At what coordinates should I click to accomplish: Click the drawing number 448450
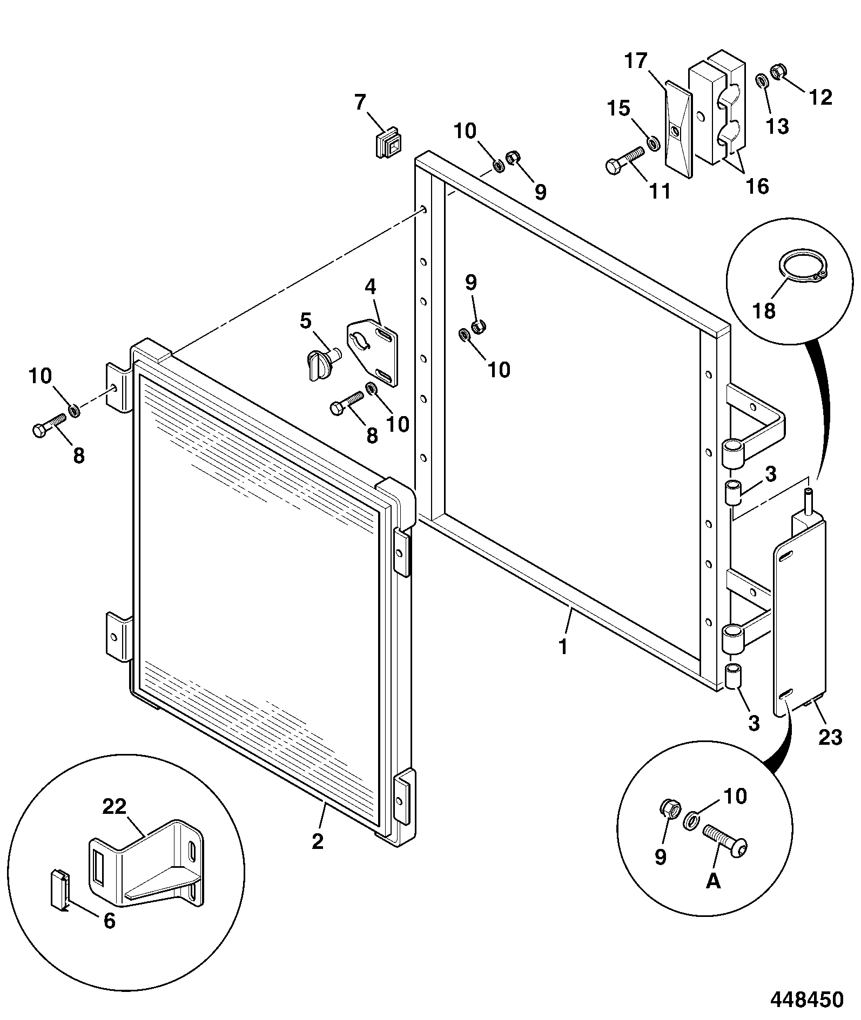pyautogui.click(x=806, y=998)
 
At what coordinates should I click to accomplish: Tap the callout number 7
pyautogui.click(x=360, y=102)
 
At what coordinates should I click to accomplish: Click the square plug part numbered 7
pyautogui.click(x=388, y=142)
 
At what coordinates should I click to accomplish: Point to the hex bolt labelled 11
pyautogui.click(x=626, y=161)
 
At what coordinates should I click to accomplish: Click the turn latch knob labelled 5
pyautogui.click(x=320, y=363)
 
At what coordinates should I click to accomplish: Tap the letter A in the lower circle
pyautogui.click(x=713, y=881)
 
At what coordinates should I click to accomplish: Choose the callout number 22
pyautogui.click(x=115, y=806)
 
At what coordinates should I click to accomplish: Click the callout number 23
pyautogui.click(x=830, y=737)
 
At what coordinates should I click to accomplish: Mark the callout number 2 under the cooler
pyautogui.click(x=318, y=841)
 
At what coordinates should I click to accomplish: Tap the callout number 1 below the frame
pyautogui.click(x=563, y=647)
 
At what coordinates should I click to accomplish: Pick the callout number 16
pyautogui.click(x=757, y=186)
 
